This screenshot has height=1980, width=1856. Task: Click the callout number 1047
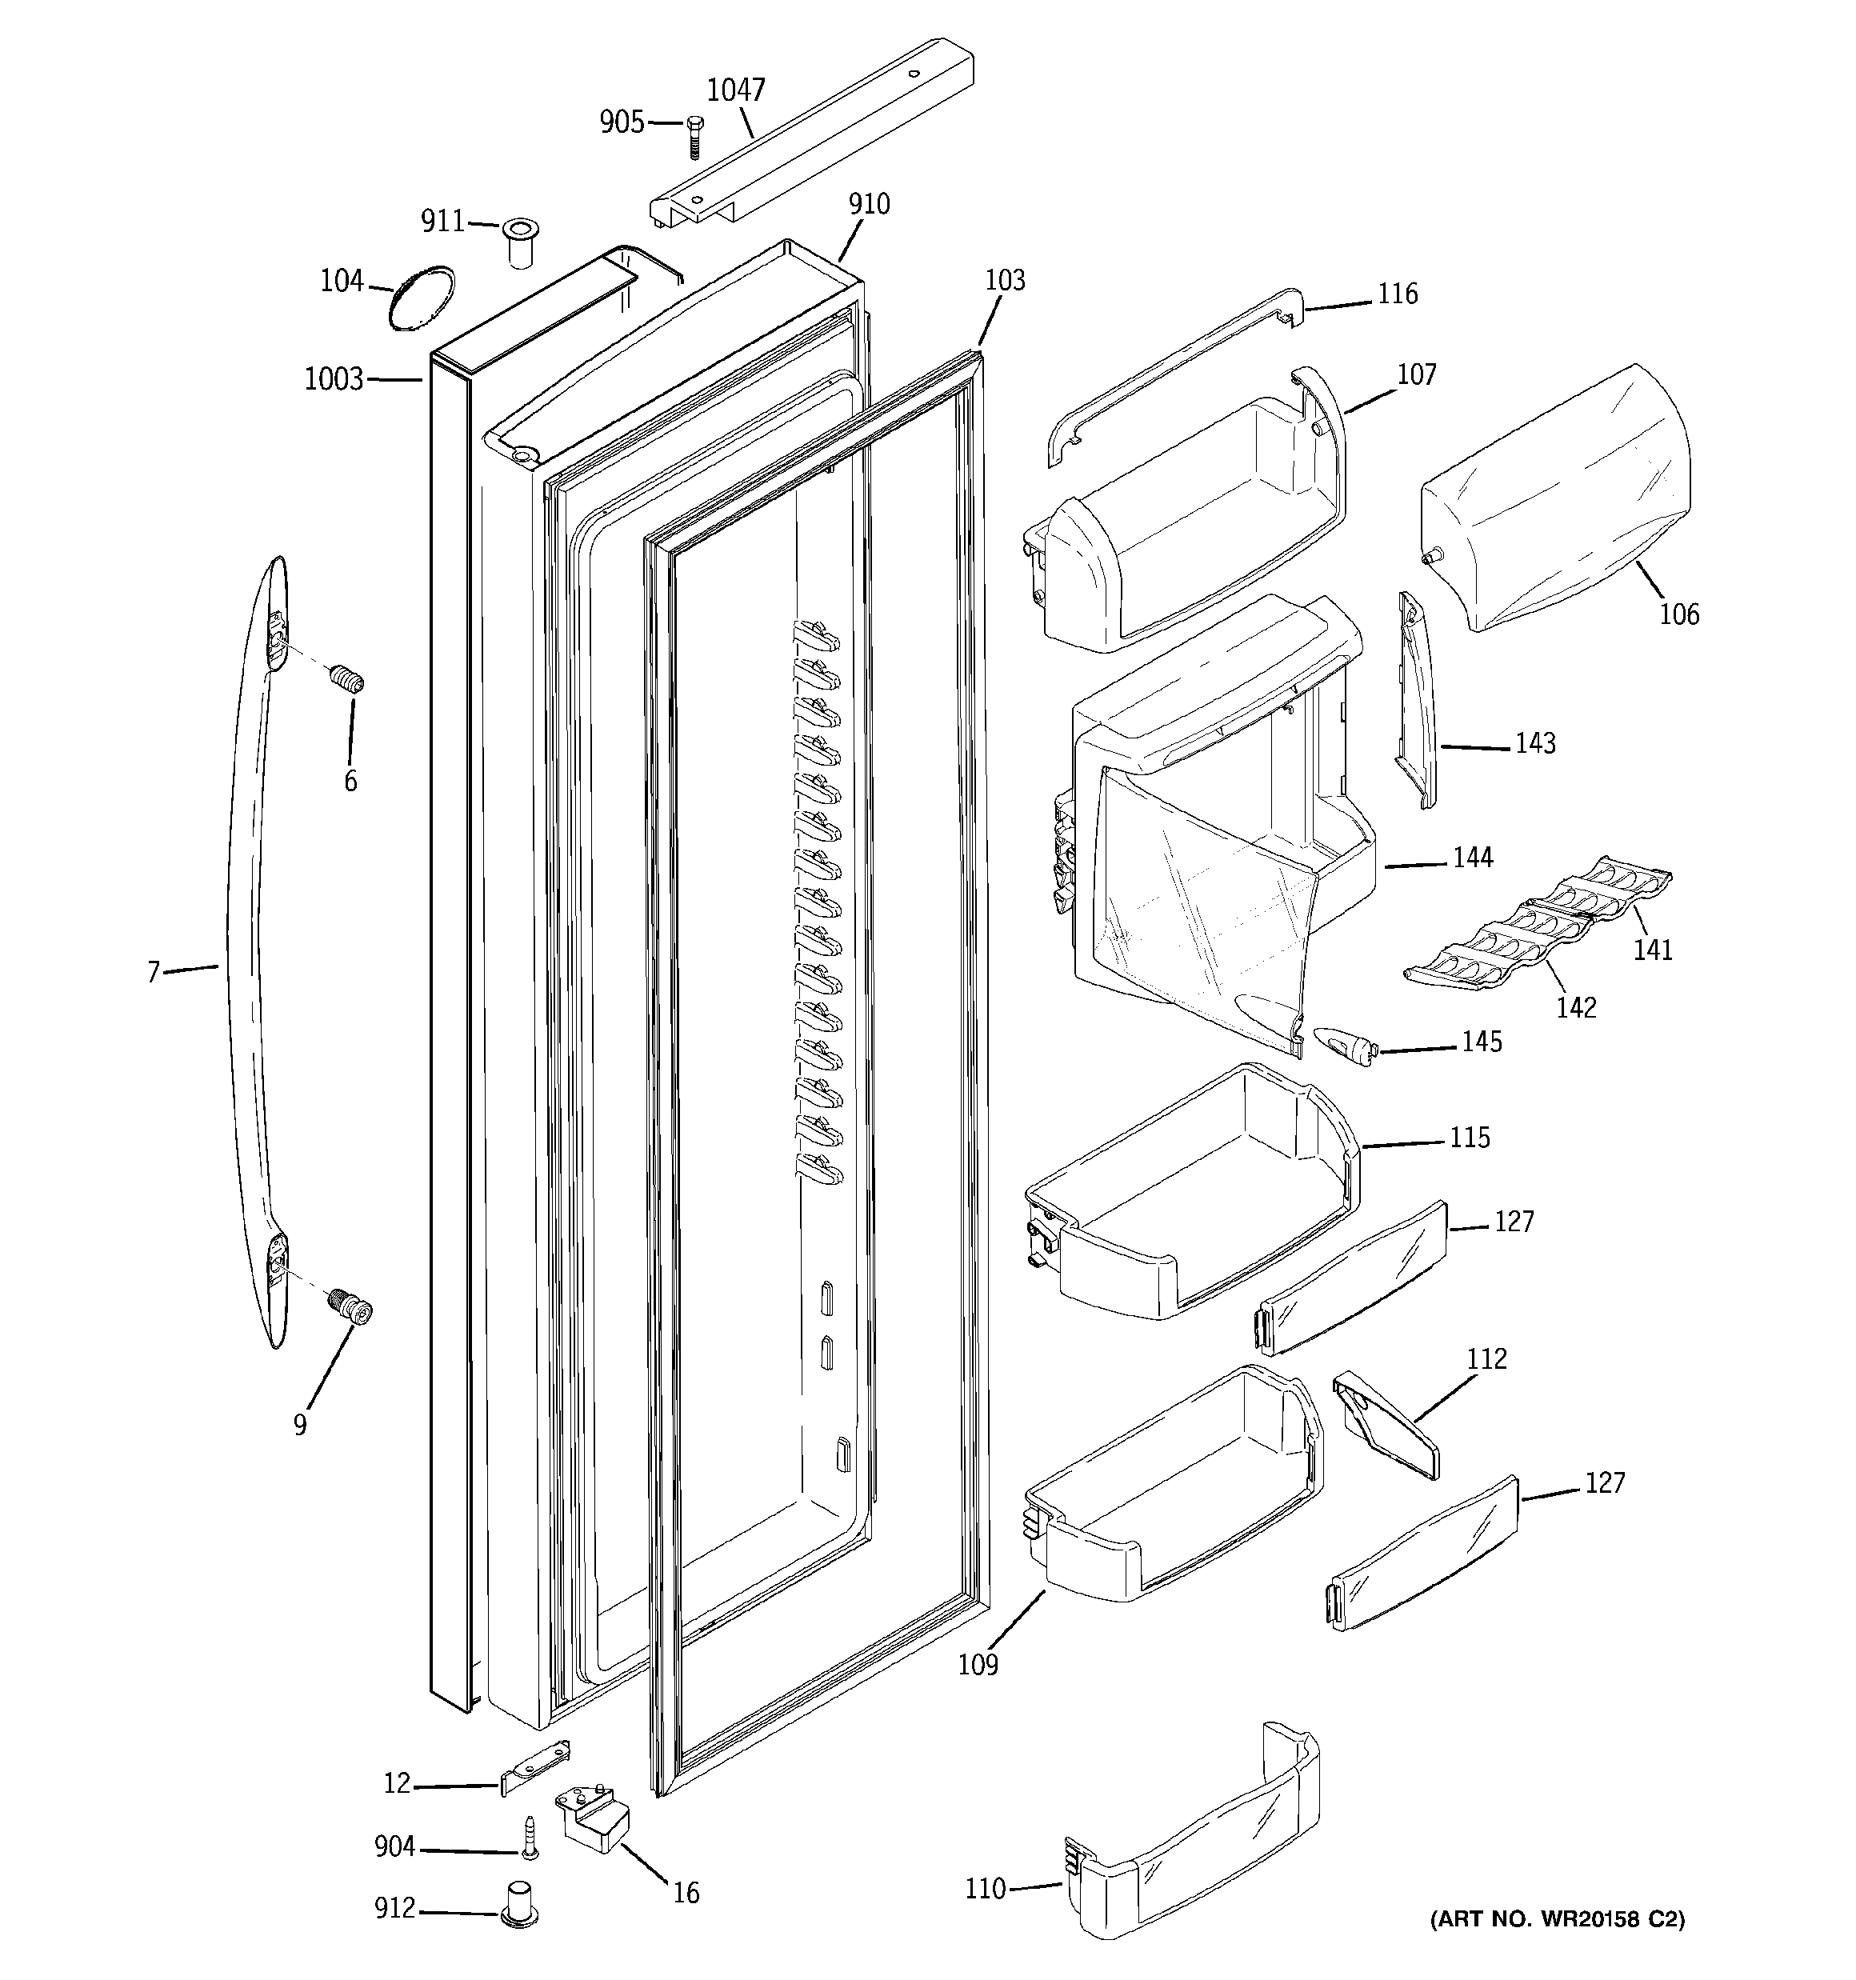point(735,90)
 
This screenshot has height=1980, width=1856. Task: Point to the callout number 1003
point(334,379)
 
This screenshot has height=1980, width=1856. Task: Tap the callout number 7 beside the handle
point(153,972)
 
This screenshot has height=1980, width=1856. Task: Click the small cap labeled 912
point(518,1907)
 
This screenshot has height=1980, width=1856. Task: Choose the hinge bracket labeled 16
point(594,1818)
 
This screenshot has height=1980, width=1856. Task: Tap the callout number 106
point(1678,614)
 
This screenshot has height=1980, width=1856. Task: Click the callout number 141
point(1652,950)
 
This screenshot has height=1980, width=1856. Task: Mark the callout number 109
point(978,1664)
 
